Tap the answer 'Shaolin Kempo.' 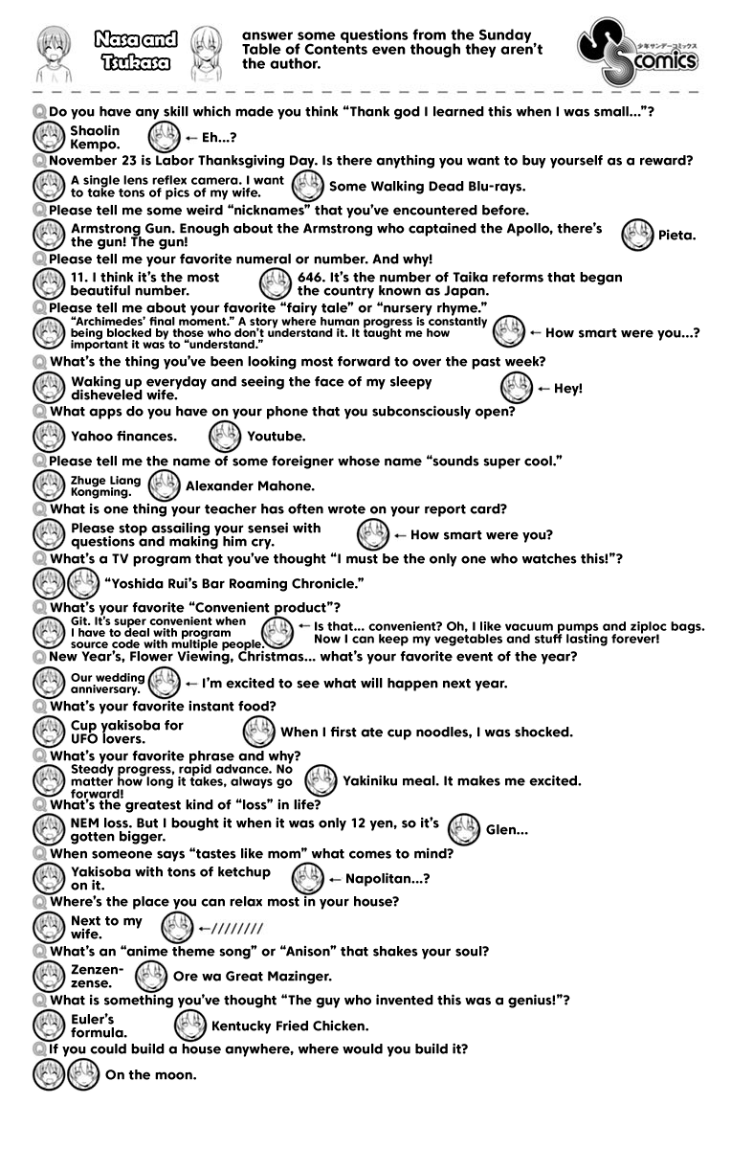(96, 137)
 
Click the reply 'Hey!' (567, 388)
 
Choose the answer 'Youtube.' (277, 436)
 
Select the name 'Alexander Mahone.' (250, 485)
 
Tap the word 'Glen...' (507, 829)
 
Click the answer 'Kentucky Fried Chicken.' (290, 1025)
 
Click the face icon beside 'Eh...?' (164, 137)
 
